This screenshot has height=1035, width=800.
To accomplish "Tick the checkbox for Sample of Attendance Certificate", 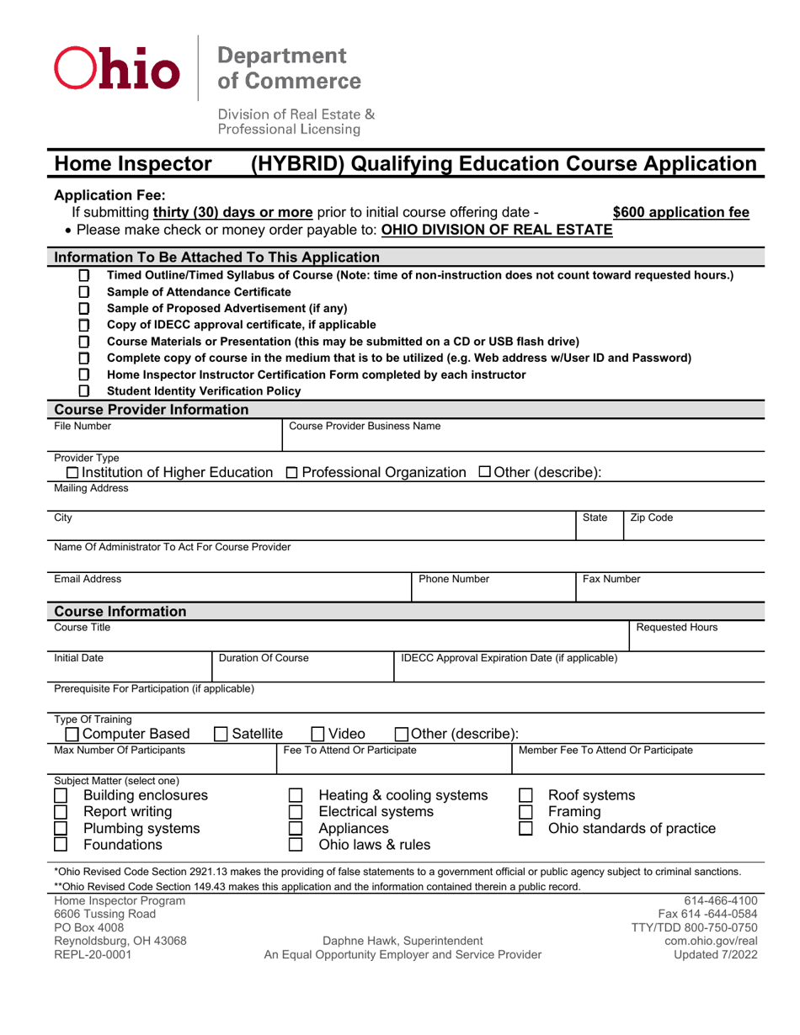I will pyautogui.click(x=83, y=292).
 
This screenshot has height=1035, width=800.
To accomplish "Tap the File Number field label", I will pyautogui.click(x=83, y=427).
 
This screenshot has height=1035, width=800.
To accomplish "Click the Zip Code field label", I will pyautogui.click(x=652, y=518).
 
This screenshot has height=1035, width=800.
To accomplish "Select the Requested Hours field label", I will pyautogui.click(x=675, y=627).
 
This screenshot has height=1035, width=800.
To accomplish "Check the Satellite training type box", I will pyautogui.click(x=221, y=733).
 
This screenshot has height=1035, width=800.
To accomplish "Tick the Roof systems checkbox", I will pyautogui.click(x=525, y=796).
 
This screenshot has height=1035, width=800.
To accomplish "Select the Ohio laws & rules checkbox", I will pyautogui.click(x=296, y=844).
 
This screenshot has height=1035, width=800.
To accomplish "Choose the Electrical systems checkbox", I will pyautogui.click(x=296, y=812).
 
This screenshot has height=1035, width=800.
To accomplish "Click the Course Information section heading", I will pyautogui.click(x=120, y=611).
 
